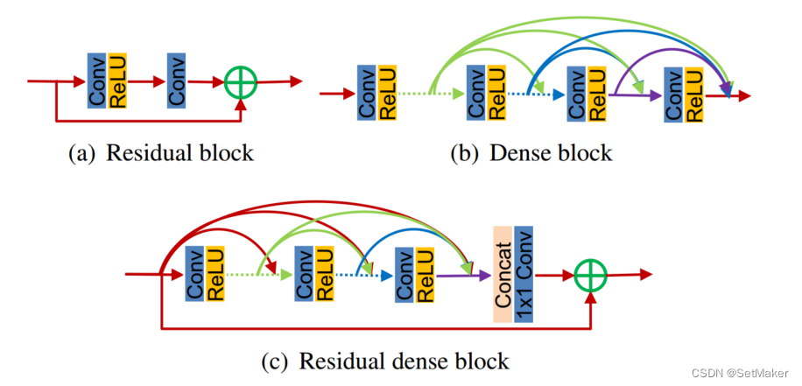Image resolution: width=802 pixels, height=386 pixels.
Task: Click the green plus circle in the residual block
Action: coord(242,82)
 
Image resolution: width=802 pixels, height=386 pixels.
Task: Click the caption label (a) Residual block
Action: coord(160,153)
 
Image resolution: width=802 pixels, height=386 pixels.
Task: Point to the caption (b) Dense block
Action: coord(531,153)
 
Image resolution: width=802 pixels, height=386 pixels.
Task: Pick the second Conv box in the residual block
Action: coord(177,81)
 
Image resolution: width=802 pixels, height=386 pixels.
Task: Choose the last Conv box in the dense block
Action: coord(674,93)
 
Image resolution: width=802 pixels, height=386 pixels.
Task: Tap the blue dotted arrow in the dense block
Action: coord(533,93)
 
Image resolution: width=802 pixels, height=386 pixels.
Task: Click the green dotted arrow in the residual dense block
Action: coord(257,276)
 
